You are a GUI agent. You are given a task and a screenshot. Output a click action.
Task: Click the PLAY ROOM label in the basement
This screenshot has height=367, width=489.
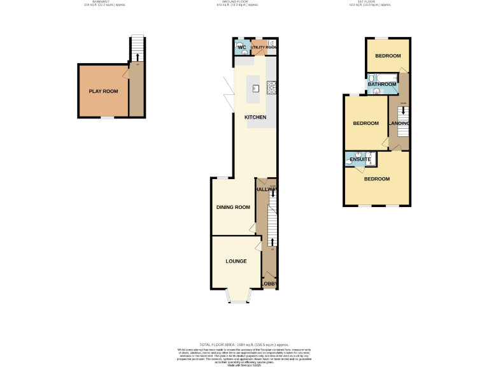(x=103, y=91)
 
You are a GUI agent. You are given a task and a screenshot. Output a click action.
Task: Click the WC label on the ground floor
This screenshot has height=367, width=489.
(x=241, y=48)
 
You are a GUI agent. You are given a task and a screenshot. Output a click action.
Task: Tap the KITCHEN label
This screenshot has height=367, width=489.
(x=256, y=117)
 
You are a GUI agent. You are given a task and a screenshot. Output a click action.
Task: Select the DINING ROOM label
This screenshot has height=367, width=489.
(x=233, y=207)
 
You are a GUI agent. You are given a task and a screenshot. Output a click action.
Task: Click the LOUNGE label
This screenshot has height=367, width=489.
(x=236, y=261)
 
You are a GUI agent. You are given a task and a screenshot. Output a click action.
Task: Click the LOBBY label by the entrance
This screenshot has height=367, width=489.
(x=270, y=283)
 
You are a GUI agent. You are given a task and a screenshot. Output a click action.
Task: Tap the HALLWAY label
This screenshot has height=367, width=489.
(x=266, y=190)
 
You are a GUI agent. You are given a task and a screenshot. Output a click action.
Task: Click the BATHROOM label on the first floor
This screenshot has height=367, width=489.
(x=381, y=83)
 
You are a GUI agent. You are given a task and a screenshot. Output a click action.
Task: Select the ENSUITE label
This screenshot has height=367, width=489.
(x=360, y=159)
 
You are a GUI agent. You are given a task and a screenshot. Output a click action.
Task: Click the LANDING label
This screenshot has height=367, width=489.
(x=399, y=123)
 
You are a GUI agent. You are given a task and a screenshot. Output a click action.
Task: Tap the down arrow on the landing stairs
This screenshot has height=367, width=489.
(x=402, y=110)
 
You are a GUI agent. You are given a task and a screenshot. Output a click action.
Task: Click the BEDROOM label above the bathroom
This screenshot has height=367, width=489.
(x=388, y=56)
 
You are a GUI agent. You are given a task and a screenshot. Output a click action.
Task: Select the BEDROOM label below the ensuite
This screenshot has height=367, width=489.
(x=377, y=179)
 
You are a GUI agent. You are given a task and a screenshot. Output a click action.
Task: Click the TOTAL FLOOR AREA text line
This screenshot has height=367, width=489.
(x=244, y=344)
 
